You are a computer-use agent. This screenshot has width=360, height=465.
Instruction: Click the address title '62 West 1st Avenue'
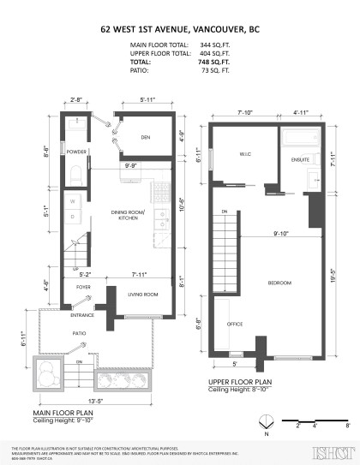click(180, 28)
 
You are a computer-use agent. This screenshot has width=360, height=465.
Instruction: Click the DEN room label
click(146, 137)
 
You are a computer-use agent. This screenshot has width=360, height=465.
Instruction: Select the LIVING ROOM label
click(144, 295)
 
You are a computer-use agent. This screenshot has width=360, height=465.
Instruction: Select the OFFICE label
click(235, 325)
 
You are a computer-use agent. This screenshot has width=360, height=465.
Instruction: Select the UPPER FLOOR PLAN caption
click(241, 381)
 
